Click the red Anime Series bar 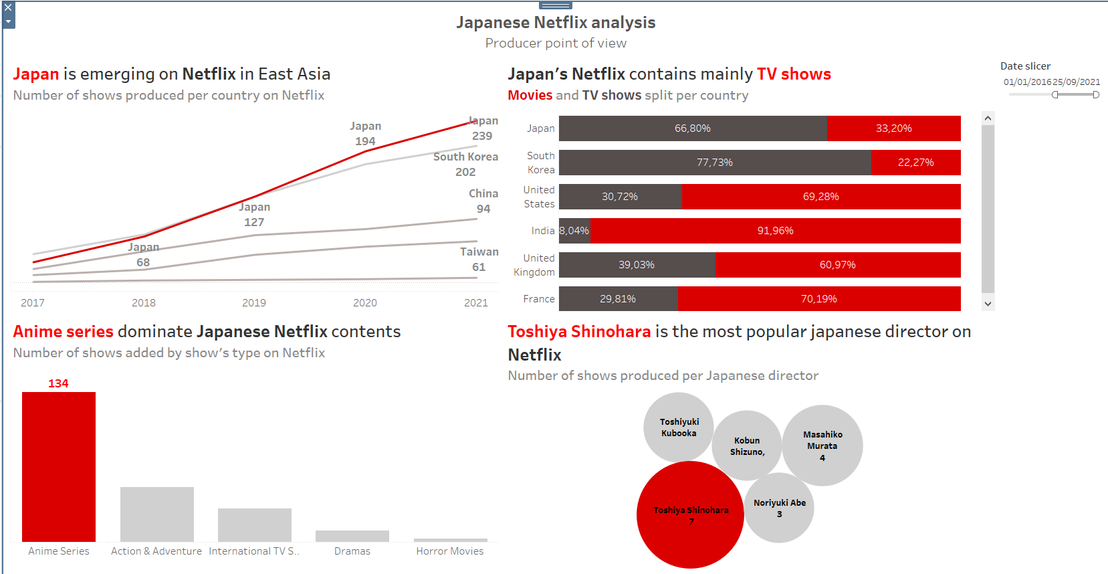pos(59,466)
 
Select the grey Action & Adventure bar pos(157,514)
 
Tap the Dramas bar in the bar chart pos(352,536)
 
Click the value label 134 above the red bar pos(58,383)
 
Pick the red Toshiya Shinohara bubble pos(690,514)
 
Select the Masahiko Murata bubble pos(822,445)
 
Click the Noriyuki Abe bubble pos(780,508)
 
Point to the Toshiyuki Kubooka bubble pos(679,427)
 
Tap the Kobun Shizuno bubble pos(747,446)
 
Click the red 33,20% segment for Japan pos(893,128)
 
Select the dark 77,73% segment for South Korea pos(715,163)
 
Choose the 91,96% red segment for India pos(775,231)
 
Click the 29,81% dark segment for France pos(618,299)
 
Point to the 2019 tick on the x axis pos(254,303)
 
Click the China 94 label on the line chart pos(483,201)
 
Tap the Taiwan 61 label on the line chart pos(479,260)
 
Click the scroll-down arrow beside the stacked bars pos(988,304)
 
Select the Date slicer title pos(1025,66)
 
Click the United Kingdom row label pos(534,265)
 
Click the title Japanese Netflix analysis pos(556,23)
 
